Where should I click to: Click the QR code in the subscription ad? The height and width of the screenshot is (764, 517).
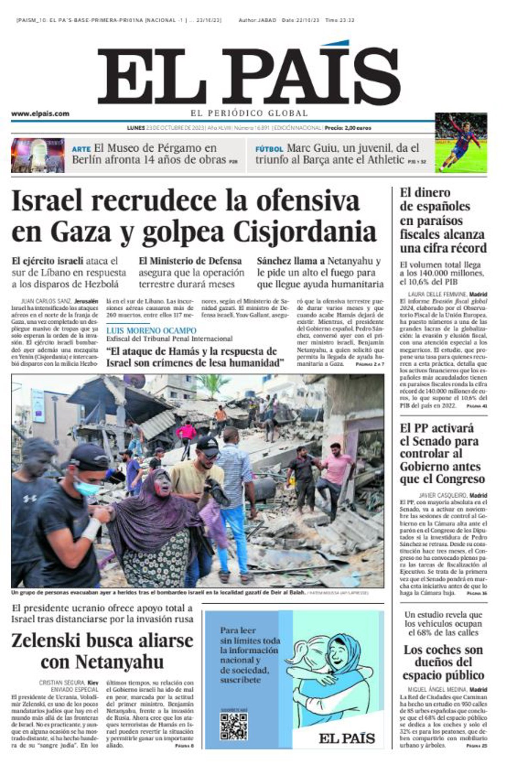coord(234,726)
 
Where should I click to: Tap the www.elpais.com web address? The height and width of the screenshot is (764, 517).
coord(40,114)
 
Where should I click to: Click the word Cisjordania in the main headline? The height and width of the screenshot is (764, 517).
coord(305,232)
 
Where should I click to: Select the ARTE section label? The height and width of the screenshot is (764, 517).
coord(81,149)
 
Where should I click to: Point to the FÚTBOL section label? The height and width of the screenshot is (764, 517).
coord(269,149)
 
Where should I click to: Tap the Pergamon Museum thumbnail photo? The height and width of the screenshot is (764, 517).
coord(38,155)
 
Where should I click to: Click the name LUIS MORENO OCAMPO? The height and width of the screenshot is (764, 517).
coord(151,331)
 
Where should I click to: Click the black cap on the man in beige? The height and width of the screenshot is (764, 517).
coord(208,447)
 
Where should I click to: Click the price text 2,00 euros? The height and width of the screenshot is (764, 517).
coord(354,128)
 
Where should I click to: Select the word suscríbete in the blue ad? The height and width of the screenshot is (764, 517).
coord(240,680)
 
